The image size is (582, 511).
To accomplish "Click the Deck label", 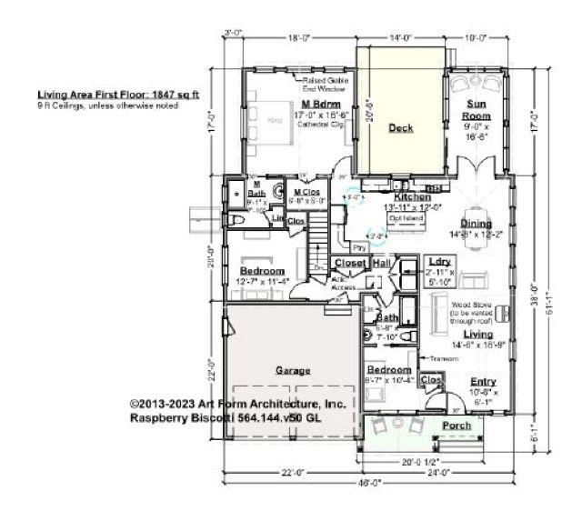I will tap(401, 128).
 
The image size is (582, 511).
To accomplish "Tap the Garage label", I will tap(294, 371).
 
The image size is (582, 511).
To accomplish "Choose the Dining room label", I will tap(476, 224).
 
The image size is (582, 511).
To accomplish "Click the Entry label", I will tap(482, 382).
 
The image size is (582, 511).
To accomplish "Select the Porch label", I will tap(456, 426).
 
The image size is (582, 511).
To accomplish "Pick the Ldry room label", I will tap(440, 263).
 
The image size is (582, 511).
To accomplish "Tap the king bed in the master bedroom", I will tap(274, 119).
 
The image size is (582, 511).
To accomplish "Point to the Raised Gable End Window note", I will tap(326, 84).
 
